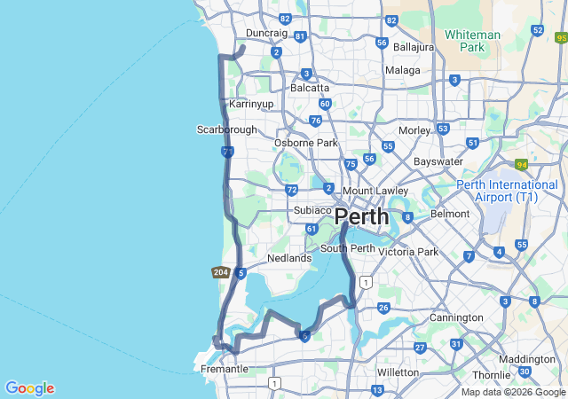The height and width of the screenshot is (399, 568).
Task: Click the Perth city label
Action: [x=361, y=216]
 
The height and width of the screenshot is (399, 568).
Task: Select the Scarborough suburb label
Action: [x=226, y=129]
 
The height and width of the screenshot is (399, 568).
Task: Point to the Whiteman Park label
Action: [x=472, y=41]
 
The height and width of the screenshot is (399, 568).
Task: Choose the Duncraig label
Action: [x=266, y=33]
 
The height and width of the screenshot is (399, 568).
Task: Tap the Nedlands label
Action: [x=289, y=259]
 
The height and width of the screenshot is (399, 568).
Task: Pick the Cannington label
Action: [x=456, y=317]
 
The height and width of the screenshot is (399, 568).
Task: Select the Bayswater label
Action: [x=438, y=161]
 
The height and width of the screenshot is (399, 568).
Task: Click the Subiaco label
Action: [x=312, y=210]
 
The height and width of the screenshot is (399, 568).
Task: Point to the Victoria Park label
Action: [x=408, y=252]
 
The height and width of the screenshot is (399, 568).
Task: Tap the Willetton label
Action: [x=398, y=372]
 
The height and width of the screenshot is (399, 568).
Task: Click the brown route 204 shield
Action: [x=221, y=272]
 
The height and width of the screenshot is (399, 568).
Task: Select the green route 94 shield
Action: [x=521, y=165]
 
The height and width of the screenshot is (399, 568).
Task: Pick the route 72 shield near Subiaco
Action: [x=292, y=190]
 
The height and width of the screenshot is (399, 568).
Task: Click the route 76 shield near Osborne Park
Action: [x=316, y=121]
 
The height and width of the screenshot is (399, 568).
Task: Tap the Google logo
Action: [x=29, y=388]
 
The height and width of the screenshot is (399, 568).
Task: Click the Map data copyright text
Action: [x=513, y=392]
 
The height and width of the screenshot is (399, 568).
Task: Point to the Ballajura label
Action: [x=414, y=46]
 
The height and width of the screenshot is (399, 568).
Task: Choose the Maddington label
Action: [x=527, y=359]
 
